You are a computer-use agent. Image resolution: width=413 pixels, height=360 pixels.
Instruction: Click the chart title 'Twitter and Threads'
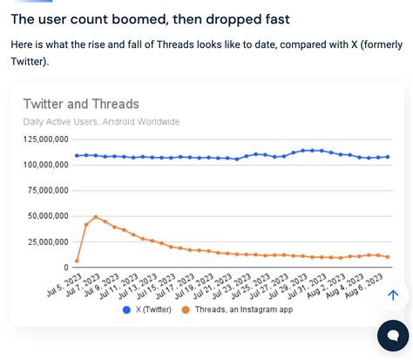80,104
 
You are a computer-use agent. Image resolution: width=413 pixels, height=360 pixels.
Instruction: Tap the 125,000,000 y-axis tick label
45,139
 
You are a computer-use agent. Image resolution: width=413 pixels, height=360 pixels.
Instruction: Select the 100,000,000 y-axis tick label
45,164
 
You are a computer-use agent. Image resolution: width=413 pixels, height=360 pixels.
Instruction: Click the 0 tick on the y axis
65,267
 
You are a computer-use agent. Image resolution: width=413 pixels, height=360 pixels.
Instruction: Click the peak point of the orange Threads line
96,217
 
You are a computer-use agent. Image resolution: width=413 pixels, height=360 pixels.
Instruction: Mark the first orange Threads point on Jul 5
77,261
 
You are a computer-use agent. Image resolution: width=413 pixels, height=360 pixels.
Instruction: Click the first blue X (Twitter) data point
77,155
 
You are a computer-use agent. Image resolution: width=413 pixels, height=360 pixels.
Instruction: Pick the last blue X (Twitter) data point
387,157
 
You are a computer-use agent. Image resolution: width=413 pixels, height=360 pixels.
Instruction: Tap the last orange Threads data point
387,257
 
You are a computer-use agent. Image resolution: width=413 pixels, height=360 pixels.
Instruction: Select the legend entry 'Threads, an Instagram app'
234,309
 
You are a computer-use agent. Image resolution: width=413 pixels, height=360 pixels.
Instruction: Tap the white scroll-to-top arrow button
392,296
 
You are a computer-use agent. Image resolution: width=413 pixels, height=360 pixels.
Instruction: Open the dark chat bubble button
393,336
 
